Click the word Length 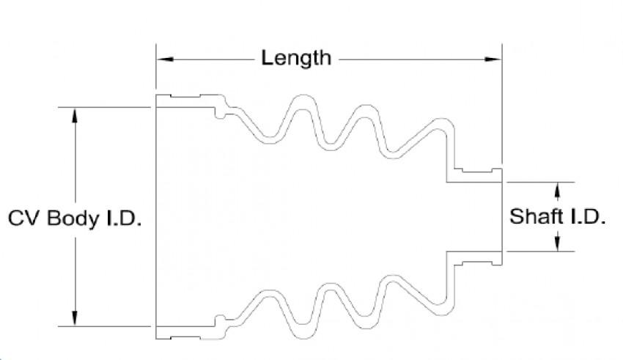click(x=297, y=58)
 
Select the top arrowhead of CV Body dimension click(x=75, y=114)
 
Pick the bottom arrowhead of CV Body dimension click(x=75, y=318)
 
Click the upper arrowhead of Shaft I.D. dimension click(x=558, y=189)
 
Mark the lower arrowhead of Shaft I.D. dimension click(x=558, y=244)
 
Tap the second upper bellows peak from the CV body click(x=364, y=109)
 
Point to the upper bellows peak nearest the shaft click(x=443, y=122)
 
